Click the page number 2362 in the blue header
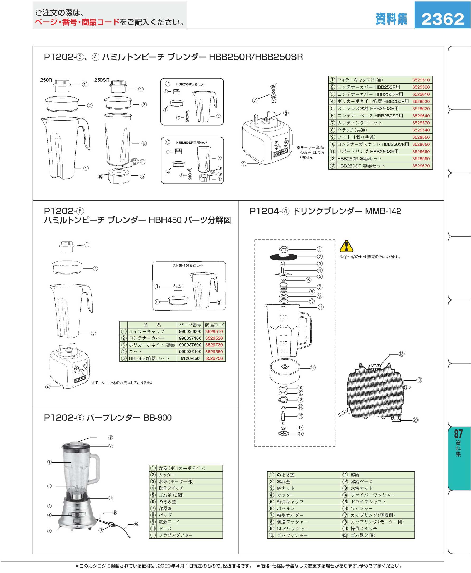442,19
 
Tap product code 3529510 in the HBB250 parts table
421,80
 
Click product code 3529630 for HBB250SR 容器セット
421,166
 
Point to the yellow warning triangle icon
347,246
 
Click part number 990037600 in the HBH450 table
190,345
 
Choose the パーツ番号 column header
190,325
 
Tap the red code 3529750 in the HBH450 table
214,358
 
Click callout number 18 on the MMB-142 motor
401,354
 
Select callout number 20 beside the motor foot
416,420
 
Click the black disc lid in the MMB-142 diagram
284,257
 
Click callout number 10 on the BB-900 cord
136,524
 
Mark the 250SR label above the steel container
102,80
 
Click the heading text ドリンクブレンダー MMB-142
347,211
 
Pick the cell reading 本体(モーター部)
176,481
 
